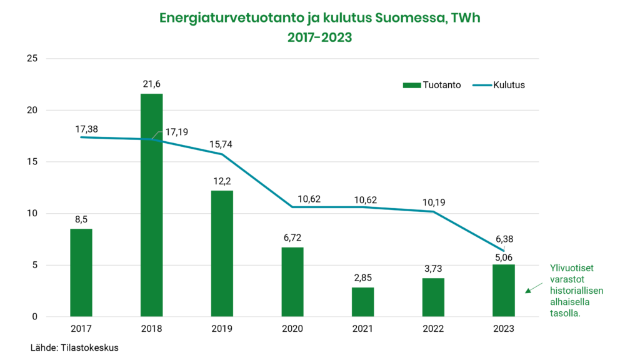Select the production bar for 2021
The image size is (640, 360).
coord(362,302)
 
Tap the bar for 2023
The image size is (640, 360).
coord(504,291)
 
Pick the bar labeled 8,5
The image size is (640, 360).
coord(81,272)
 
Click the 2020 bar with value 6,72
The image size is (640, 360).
coord(292,282)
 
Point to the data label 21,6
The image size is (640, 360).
coord(152,84)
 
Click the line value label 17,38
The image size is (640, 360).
coord(86,129)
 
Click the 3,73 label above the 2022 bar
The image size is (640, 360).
coord(433,268)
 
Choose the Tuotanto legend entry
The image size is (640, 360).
coord(432,85)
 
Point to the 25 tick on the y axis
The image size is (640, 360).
coord(32,59)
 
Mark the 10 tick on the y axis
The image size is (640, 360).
coord(32,214)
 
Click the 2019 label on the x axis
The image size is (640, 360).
coord(222,329)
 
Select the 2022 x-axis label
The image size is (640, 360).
coord(433,329)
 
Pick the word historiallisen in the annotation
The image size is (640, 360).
coord(576,291)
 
